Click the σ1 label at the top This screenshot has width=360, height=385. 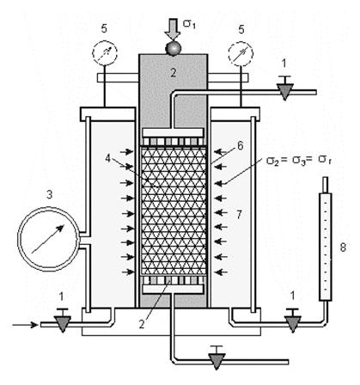click(190, 24)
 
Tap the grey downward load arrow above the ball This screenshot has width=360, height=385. click(173, 28)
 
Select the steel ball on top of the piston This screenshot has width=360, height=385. click(173, 48)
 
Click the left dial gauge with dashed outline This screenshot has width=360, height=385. click(105, 53)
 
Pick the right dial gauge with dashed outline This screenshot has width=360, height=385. click(241, 53)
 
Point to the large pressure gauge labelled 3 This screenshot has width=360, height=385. click(48, 239)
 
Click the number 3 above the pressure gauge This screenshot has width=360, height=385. click(50, 195)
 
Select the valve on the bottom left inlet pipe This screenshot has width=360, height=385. click(63, 321)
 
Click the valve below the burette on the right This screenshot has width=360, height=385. click(293, 321)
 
